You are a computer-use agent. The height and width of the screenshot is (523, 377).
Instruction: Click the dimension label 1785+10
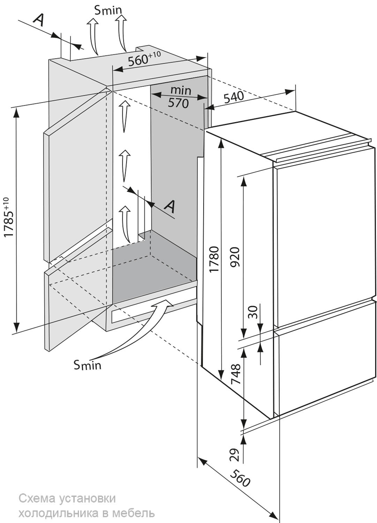click(x=10, y=217)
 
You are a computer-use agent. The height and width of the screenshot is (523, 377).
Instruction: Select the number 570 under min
click(x=178, y=103)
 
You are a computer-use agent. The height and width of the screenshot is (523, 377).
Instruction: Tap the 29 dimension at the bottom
click(x=236, y=454)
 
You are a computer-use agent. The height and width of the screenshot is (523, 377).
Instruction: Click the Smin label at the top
click(x=108, y=10)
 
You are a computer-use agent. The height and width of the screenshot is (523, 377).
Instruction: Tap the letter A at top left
click(x=39, y=21)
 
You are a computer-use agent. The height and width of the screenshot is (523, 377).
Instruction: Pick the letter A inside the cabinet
click(x=170, y=206)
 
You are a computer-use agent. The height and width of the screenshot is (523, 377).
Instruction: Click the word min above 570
click(x=181, y=91)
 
